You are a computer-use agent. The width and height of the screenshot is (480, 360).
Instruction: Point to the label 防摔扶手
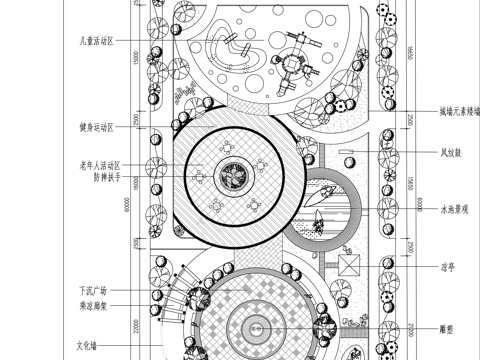click(105, 177)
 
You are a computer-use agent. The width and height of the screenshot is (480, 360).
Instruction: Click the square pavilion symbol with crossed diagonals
click(350, 266)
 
